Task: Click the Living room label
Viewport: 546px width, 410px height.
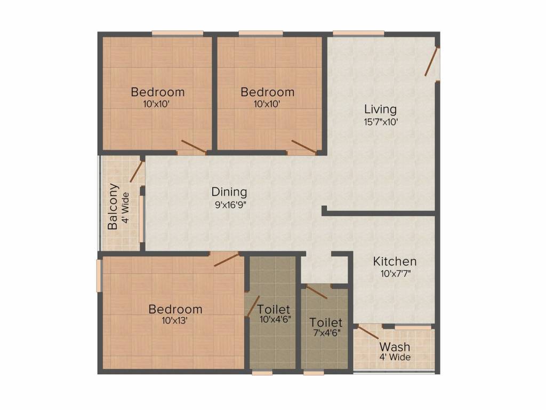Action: [x=380, y=109]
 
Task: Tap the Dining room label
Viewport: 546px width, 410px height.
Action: [x=229, y=192]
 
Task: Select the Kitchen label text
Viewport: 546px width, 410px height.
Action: [x=395, y=262]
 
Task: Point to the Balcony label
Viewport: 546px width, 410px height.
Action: [x=113, y=206]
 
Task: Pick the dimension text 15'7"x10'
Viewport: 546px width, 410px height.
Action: [x=380, y=122]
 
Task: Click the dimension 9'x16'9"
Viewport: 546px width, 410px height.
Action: [x=229, y=203]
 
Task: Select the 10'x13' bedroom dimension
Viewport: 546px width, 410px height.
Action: [x=175, y=321]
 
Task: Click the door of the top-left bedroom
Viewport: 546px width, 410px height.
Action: [x=193, y=146]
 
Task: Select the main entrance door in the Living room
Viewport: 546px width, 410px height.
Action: [x=431, y=62]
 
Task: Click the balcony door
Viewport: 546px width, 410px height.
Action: [x=137, y=171]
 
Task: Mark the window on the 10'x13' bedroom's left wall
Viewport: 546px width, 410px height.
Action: [x=99, y=275]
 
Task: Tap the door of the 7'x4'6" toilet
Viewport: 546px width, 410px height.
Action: [x=317, y=292]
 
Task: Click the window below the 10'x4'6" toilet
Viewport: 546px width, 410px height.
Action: [x=263, y=373]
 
